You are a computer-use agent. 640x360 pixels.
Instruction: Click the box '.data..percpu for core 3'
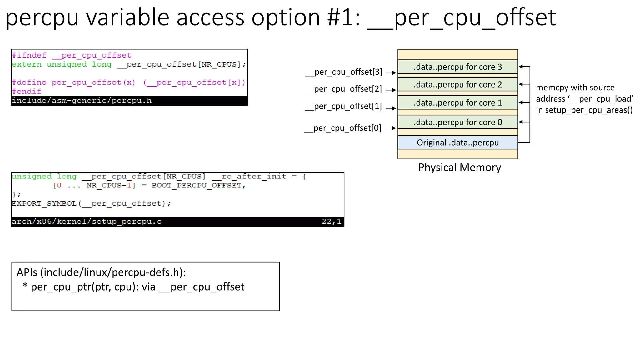[x=457, y=67]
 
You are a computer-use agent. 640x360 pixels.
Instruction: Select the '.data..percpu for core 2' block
[x=457, y=84]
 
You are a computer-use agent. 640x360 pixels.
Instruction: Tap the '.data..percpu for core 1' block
[x=457, y=102]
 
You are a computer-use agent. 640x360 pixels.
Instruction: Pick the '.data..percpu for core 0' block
[x=457, y=122]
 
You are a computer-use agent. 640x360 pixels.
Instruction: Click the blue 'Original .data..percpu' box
[x=457, y=142]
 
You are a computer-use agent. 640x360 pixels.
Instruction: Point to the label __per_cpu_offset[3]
[x=344, y=72]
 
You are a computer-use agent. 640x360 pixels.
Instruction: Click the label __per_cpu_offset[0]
[x=343, y=128]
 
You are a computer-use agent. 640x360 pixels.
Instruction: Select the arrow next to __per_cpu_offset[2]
[x=391, y=90]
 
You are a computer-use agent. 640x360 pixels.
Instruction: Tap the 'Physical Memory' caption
[x=459, y=167]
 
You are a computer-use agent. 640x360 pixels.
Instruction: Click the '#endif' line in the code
[x=27, y=91]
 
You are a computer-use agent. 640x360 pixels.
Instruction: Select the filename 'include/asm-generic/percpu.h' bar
[x=82, y=101]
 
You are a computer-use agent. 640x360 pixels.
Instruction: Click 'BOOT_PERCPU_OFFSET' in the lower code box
[x=197, y=186]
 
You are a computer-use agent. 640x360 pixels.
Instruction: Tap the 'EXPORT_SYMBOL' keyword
[x=44, y=204]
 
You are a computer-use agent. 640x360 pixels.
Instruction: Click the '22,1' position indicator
[x=331, y=222]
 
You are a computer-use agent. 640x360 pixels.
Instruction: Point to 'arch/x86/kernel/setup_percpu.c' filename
[x=87, y=222]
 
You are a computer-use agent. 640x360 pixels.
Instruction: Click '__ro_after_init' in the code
[x=249, y=177]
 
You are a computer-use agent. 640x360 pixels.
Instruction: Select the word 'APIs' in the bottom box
[x=27, y=272]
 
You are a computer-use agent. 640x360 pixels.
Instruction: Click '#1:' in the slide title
[x=344, y=17]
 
